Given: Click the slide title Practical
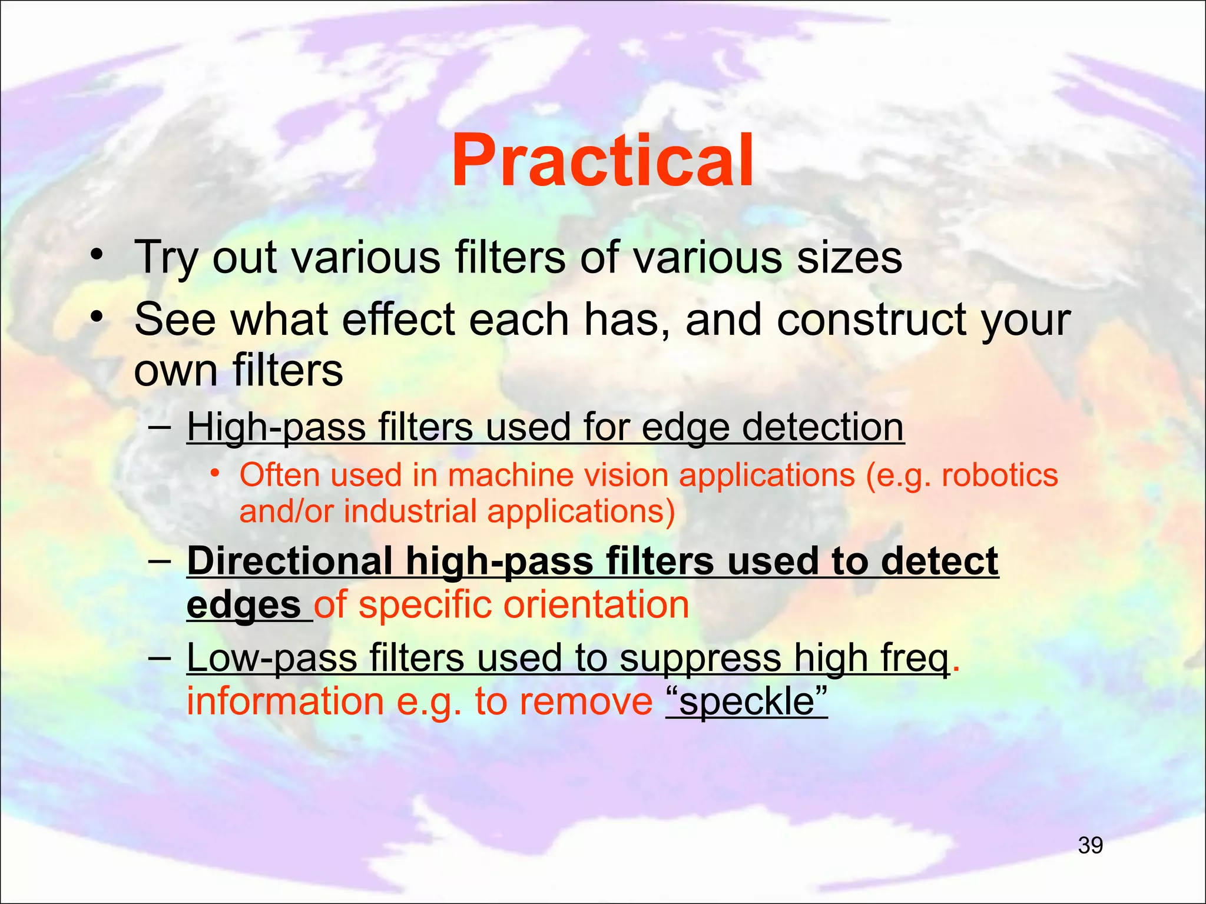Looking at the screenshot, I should (x=602, y=161).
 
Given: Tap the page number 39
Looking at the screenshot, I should (x=1090, y=846).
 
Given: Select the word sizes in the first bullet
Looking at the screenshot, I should (x=849, y=258).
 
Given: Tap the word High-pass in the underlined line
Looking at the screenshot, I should (x=277, y=427).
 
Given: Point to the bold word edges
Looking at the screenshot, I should (x=244, y=605).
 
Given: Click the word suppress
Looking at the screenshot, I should (x=700, y=657).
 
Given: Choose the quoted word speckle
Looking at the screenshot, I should (x=747, y=702).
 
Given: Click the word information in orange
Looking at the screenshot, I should (x=285, y=702).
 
